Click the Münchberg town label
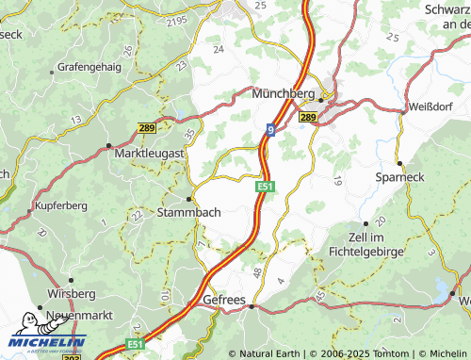284,94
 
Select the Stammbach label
192,212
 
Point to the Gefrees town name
224,301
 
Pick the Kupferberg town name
62,204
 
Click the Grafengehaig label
90,68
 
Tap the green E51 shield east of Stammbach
266,188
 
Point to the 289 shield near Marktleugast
145,127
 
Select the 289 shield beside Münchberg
308,117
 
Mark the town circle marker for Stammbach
191,199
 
